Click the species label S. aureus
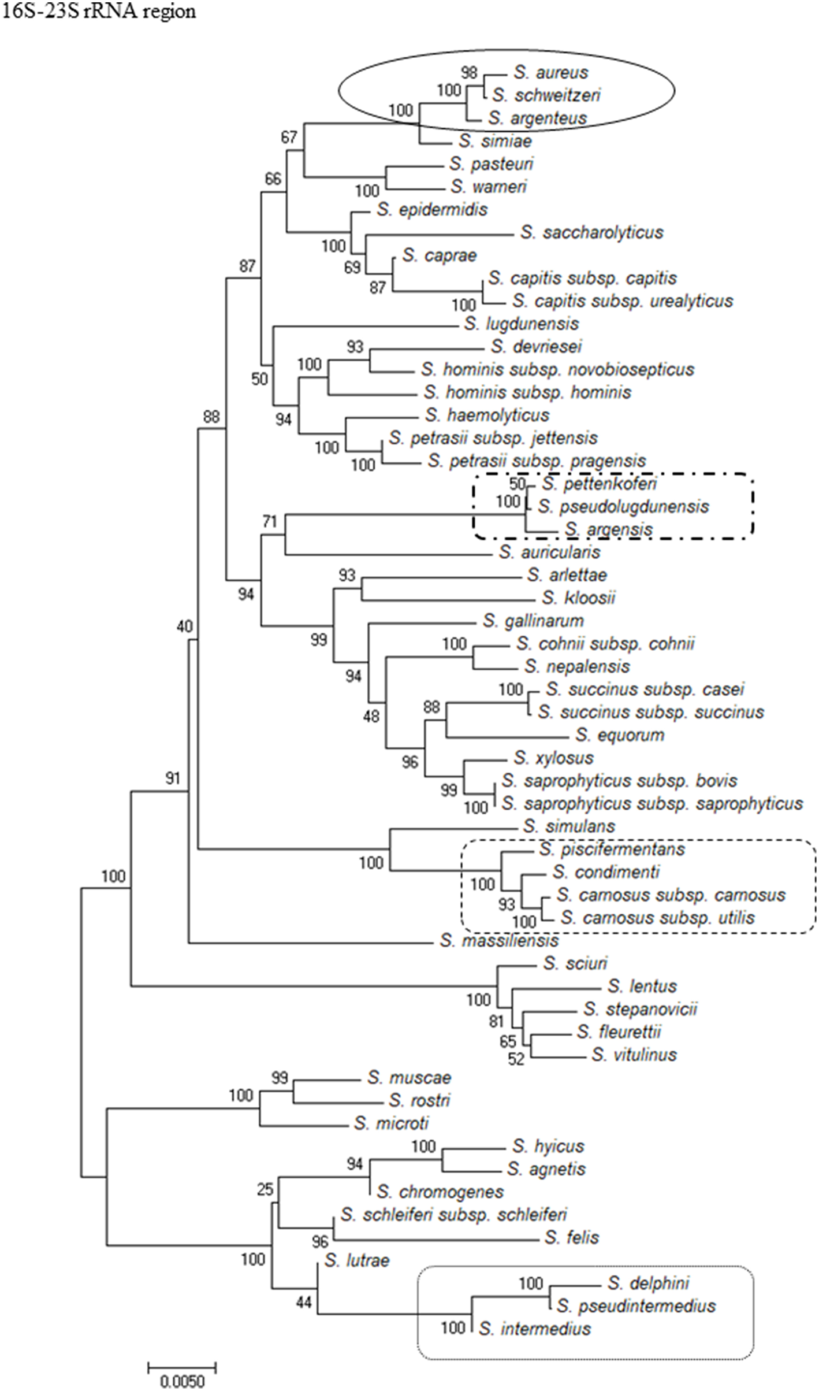tap(543, 73)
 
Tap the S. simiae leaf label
tap(496, 141)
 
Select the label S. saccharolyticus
tap(591, 233)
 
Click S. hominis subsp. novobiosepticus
tap(557, 369)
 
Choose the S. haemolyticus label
tap(487, 415)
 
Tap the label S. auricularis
tap(549, 552)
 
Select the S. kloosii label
tap(579, 598)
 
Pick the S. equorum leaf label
tap(620, 735)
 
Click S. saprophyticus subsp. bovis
tap(619, 781)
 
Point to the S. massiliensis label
tap(499, 941)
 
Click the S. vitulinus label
tap(634, 1055)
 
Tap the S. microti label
tap(392, 1123)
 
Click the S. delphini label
tap(648, 1283)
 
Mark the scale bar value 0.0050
tap(182, 1382)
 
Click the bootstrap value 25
tap(265, 1190)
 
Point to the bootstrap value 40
tap(185, 626)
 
